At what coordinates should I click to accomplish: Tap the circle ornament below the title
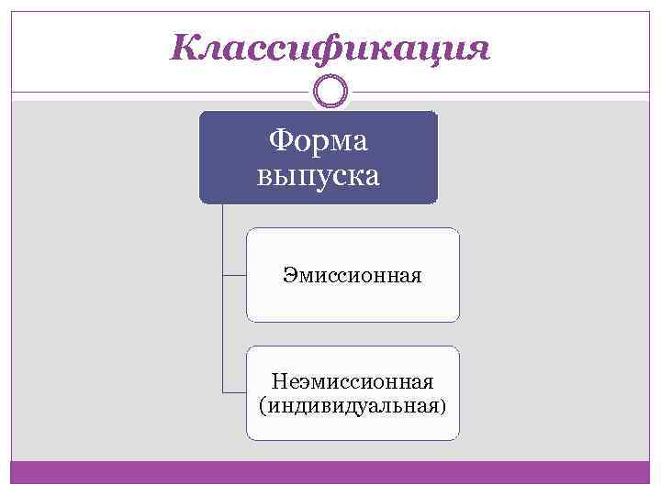[x=330, y=92]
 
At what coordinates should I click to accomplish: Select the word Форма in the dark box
[x=318, y=141]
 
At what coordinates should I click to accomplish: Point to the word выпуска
[x=318, y=174]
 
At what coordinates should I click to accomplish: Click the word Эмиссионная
[x=353, y=275]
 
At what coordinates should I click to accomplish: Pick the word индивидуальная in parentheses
[x=352, y=404]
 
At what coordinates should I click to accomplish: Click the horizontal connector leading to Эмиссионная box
[x=234, y=274]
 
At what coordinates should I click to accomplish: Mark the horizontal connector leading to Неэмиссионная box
[x=234, y=392]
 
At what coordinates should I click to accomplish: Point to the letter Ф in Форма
[x=279, y=141]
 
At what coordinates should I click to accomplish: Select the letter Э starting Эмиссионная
[x=289, y=275]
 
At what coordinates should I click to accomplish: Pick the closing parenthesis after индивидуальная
[x=444, y=405]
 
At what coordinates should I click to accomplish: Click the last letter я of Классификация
[x=478, y=48]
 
